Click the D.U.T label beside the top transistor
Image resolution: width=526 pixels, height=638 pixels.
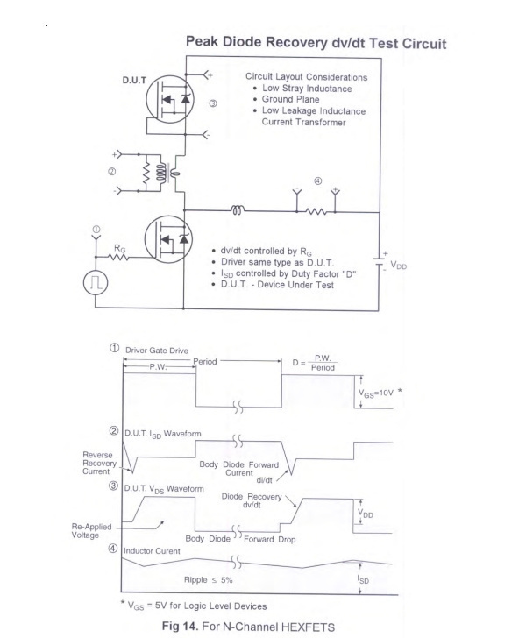click(134, 80)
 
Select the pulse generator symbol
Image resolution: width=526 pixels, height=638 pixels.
click(96, 282)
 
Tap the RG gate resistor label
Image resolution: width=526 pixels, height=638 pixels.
click(120, 248)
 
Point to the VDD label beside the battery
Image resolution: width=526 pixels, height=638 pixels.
click(399, 266)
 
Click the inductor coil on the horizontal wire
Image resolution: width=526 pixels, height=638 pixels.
click(238, 210)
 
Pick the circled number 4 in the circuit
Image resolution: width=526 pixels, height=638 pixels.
click(318, 181)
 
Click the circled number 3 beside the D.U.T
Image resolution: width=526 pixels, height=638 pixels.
click(213, 103)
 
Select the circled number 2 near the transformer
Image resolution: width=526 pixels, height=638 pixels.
click(111, 172)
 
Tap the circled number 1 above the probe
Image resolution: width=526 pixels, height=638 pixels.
click(96, 229)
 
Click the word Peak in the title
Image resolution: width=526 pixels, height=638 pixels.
click(202, 41)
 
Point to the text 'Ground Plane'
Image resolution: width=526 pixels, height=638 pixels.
click(290, 99)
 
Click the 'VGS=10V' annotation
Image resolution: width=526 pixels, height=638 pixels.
click(376, 393)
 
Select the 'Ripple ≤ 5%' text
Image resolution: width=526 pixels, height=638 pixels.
click(208, 580)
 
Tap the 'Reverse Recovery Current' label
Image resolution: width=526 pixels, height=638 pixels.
click(99, 463)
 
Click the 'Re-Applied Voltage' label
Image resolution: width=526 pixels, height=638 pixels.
click(91, 530)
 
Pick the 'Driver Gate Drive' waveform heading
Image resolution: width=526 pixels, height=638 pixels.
click(157, 351)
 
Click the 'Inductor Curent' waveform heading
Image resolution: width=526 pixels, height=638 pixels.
click(152, 551)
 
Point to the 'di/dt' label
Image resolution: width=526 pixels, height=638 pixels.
click(264, 480)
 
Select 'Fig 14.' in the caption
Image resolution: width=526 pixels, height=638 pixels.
click(180, 626)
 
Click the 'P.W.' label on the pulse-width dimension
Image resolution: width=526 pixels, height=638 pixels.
click(158, 366)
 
